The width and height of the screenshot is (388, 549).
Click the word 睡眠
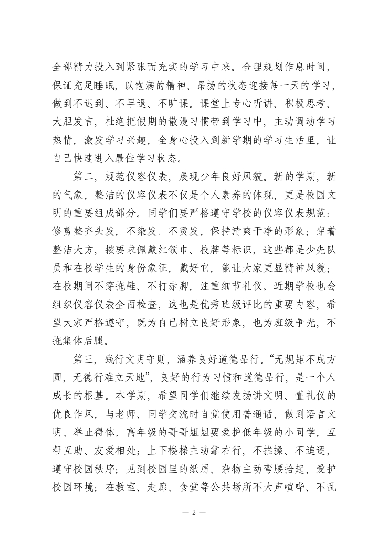115,86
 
